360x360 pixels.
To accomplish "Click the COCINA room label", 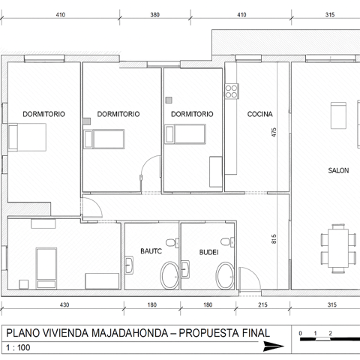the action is pyautogui.click(x=259, y=114).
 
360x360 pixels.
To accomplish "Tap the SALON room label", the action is pyautogui.click(x=338, y=170).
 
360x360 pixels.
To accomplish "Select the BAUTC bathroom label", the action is pyautogui.click(x=151, y=250).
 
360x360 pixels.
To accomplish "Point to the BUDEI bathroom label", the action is pyautogui.click(x=208, y=252).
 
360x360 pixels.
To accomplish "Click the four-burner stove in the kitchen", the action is pyautogui.click(x=231, y=91).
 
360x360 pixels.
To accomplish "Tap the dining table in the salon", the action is pyautogui.click(x=338, y=248).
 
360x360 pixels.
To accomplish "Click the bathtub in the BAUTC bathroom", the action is pyautogui.click(x=169, y=275).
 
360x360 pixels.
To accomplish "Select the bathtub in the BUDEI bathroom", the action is pyautogui.click(x=225, y=276).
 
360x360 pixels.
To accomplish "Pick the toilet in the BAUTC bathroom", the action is pyautogui.click(x=172, y=242).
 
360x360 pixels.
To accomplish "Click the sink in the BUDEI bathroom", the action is pyautogui.click(x=185, y=269).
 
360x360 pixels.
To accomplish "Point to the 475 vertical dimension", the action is pyautogui.click(x=274, y=132).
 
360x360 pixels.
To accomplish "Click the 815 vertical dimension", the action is pyautogui.click(x=274, y=238).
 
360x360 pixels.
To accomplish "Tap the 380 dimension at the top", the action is pyautogui.click(x=154, y=15).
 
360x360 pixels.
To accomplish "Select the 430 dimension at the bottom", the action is pyautogui.click(x=64, y=304).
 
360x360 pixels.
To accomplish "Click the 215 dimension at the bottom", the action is pyautogui.click(x=262, y=304).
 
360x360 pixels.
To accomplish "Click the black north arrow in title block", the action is pyautogui.click(x=274, y=346).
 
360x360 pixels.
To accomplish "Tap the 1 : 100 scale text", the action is pyautogui.click(x=18, y=347).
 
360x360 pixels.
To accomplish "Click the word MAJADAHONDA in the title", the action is pyautogui.click(x=130, y=333).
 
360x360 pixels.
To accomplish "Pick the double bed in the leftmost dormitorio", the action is pyautogui.click(x=27, y=137).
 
